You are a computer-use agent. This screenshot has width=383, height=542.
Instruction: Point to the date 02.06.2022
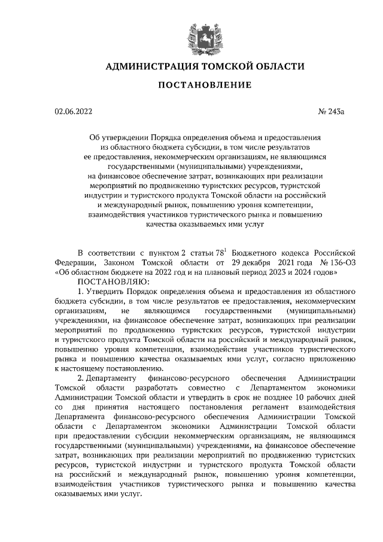point(72,111)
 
